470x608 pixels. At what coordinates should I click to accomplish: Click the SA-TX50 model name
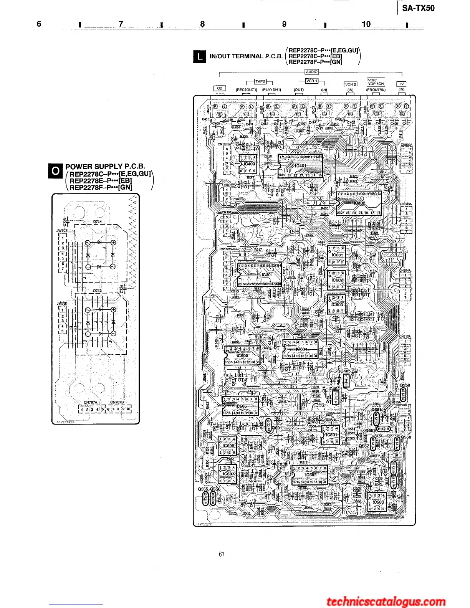coord(418,8)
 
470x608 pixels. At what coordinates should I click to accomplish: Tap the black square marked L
coord(199,57)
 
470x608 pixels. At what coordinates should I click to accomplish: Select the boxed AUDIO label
coord(311,72)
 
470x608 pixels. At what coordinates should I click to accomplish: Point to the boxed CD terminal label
coord(220,88)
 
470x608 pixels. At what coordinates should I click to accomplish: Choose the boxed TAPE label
coord(260,81)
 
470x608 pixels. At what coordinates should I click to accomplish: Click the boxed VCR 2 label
coord(350,84)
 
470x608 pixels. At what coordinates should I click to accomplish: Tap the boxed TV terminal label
coord(401,84)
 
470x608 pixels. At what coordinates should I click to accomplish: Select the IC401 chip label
coord(300,166)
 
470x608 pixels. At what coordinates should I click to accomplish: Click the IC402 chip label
coord(359,203)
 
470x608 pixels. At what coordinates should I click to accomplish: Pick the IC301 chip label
coord(267,275)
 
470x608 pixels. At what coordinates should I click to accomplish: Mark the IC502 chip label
coord(311,475)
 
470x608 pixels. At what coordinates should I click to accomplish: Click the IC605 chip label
coord(242,356)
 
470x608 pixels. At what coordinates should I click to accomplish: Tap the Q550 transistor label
coord(405,385)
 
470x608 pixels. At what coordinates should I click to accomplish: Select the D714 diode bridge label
coord(98,222)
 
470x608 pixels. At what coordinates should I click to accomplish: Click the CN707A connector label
coord(91,402)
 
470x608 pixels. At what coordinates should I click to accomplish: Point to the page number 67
coord(222,554)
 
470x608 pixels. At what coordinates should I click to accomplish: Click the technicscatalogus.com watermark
coord(386,601)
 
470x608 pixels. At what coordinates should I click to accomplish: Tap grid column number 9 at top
coord(284,24)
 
